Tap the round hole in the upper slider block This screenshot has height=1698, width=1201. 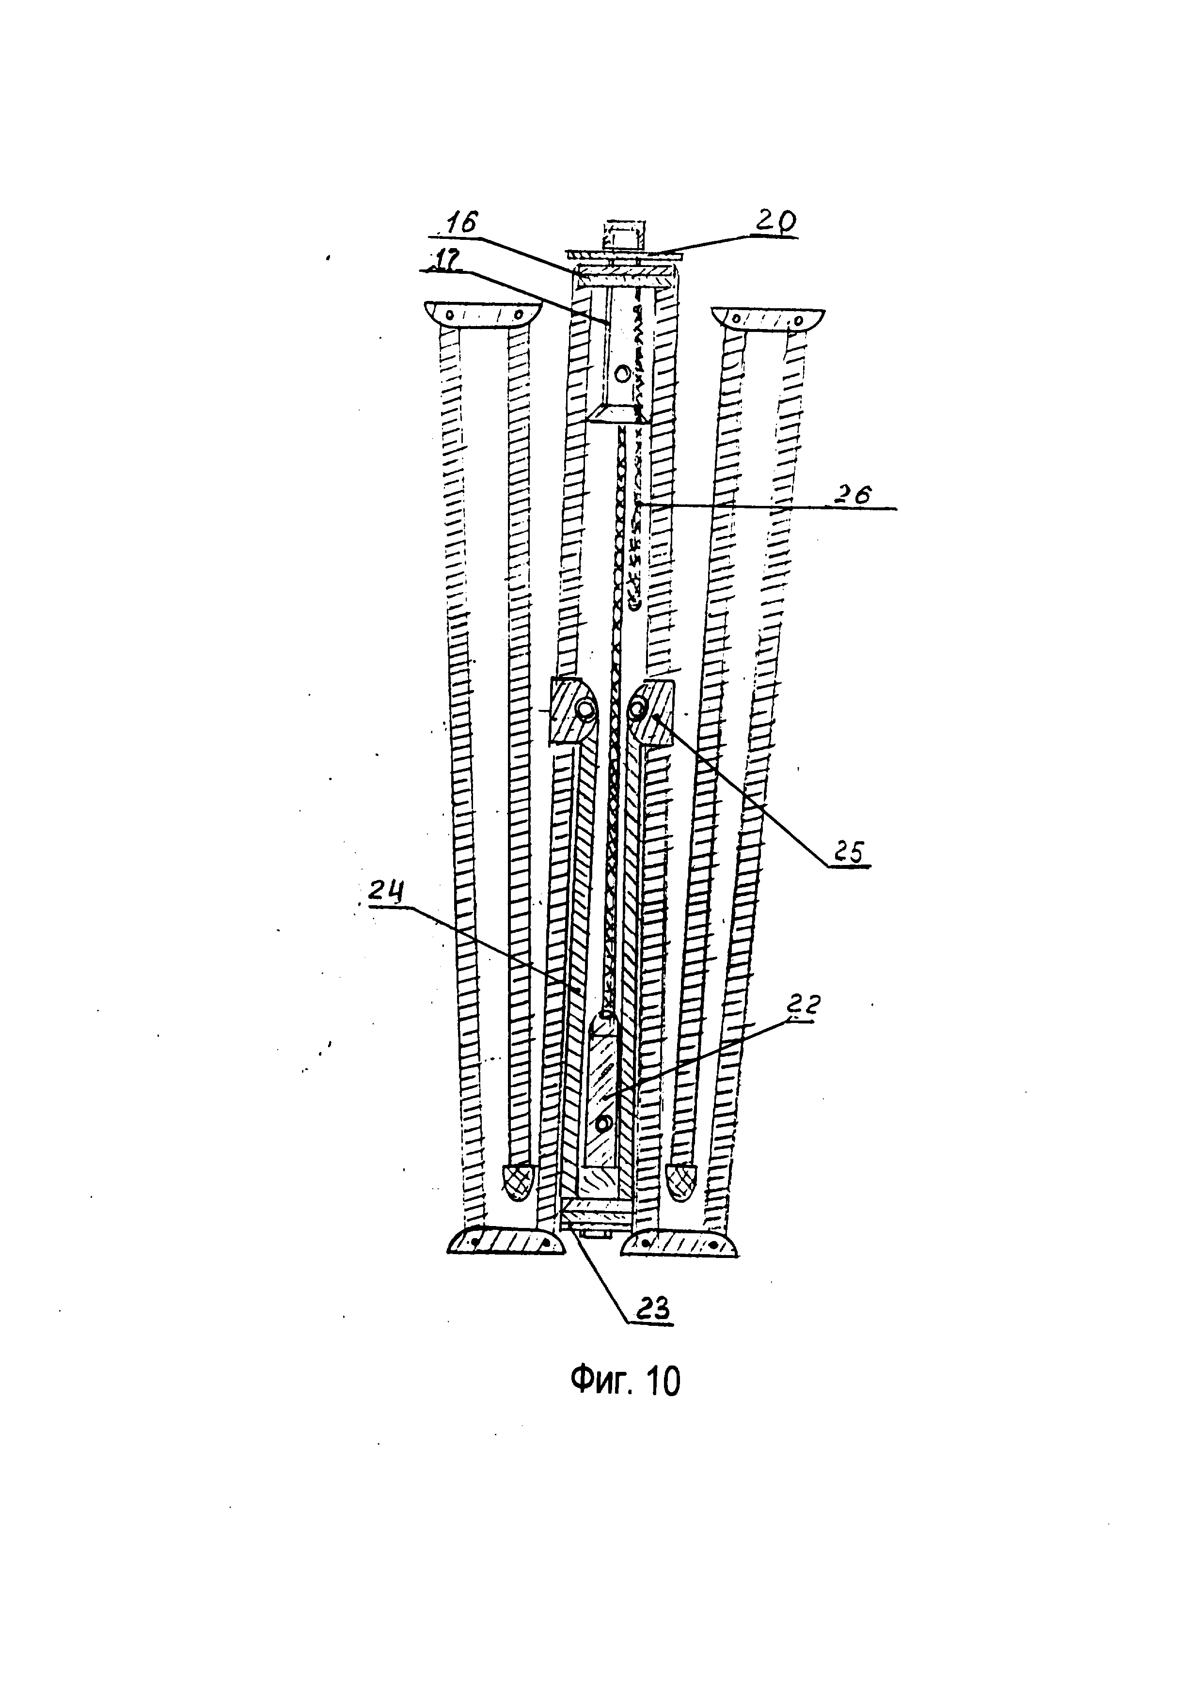(623, 374)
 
